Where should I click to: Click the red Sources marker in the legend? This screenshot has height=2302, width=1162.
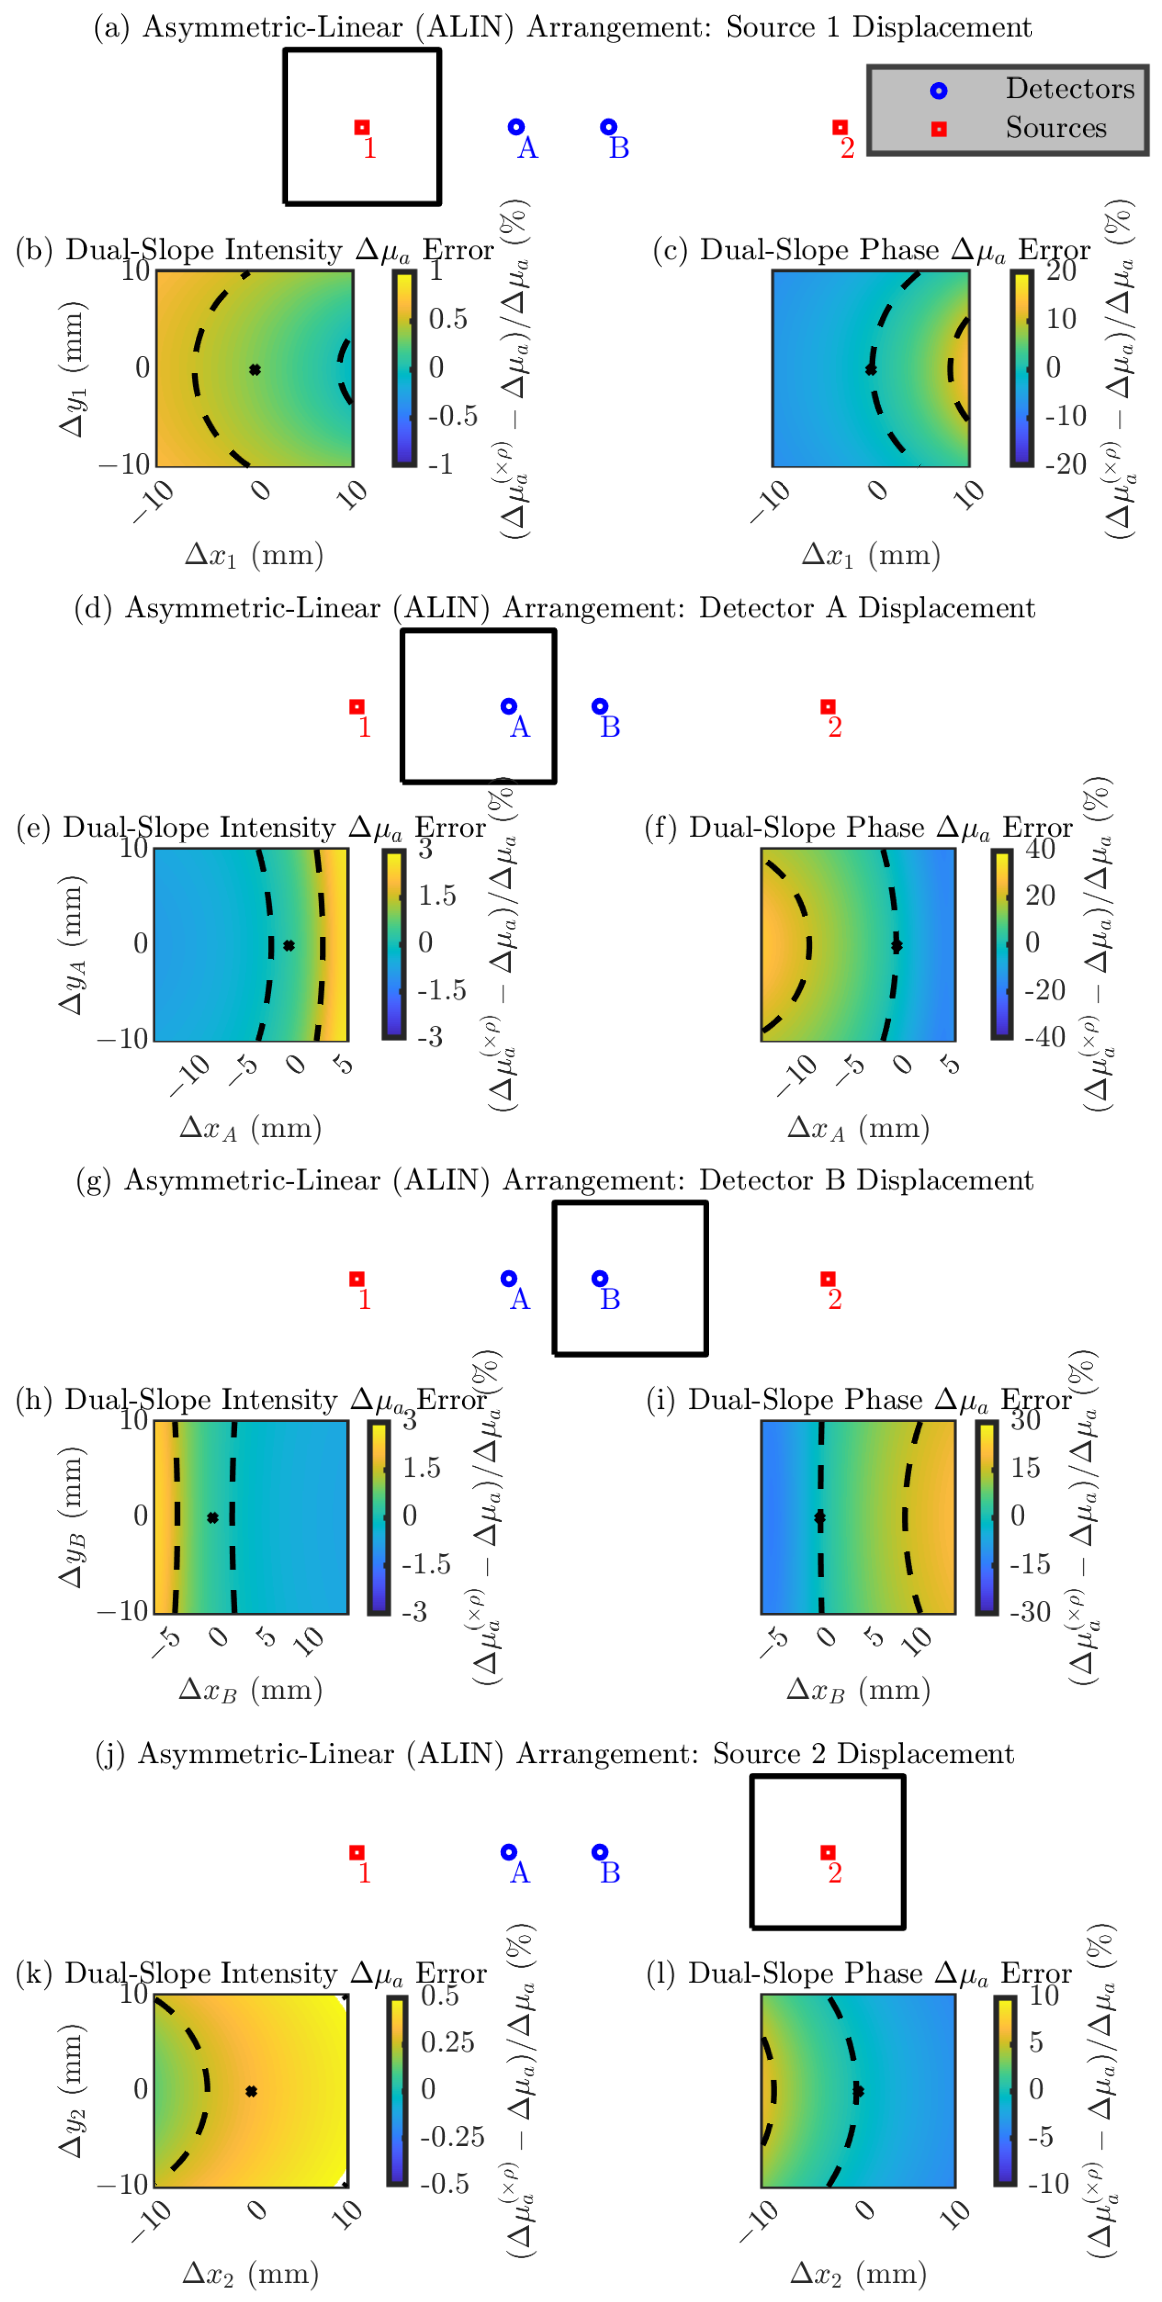click(939, 129)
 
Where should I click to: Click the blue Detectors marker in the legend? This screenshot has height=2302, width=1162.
click(939, 90)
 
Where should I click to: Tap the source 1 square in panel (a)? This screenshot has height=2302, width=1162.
click(362, 128)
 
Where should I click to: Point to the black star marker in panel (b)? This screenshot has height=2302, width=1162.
click(255, 369)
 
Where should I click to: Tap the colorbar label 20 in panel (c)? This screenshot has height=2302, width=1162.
click(1061, 271)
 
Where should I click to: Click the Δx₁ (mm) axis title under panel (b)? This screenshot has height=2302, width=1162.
click(254, 556)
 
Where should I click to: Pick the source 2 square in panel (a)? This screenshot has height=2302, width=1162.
click(839, 128)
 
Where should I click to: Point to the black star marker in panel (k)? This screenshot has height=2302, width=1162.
click(251, 2091)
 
